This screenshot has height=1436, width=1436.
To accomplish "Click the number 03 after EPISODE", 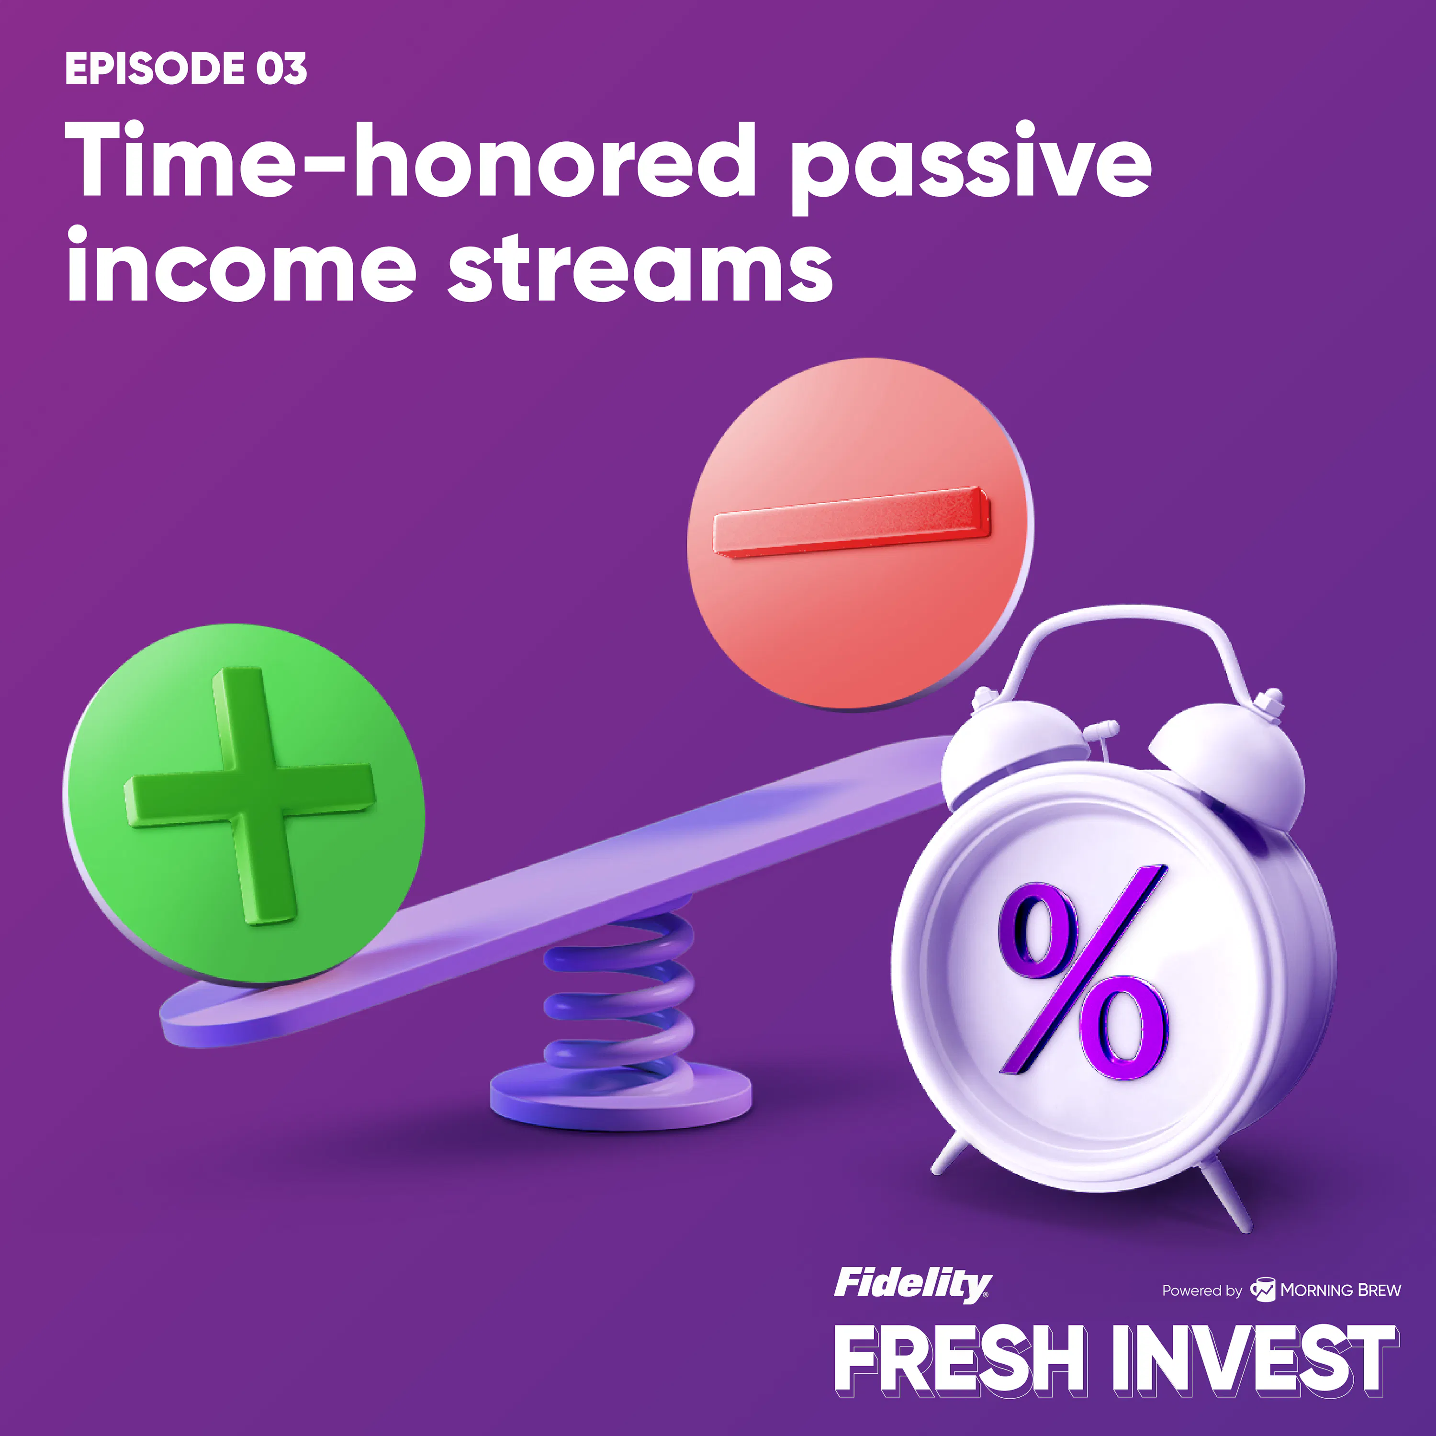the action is coord(282,68).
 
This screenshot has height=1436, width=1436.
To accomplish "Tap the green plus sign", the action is coord(250,795).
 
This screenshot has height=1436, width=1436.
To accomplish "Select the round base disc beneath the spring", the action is coord(621,1097).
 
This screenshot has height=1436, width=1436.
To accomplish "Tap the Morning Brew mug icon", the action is coord(1262,1290).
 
